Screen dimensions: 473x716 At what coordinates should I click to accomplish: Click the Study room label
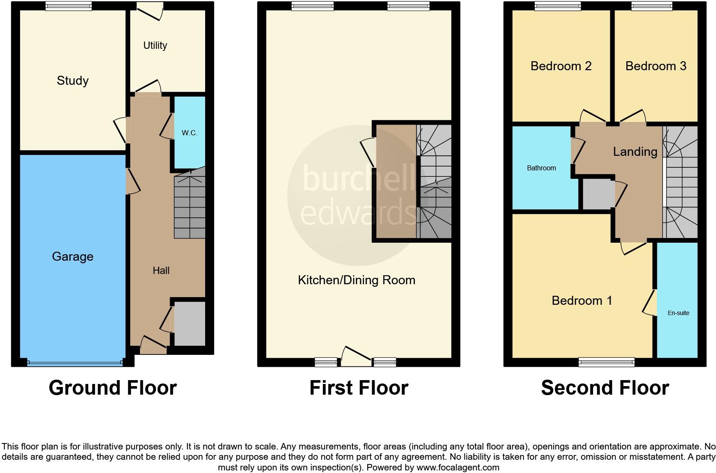click(72, 80)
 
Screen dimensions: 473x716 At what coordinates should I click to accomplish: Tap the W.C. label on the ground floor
click(189, 133)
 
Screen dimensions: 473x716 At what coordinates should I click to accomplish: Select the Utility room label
click(155, 45)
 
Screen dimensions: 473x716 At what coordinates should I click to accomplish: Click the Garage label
click(72, 256)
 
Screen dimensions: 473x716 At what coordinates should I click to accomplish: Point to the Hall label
click(161, 271)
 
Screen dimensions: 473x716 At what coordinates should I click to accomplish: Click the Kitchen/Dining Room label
click(356, 280)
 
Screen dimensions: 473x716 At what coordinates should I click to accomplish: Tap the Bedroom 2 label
click(561, 66)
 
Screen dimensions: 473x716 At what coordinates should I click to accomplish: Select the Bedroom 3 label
click(656, 66)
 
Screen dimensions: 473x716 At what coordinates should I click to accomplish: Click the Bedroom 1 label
click(582, 300)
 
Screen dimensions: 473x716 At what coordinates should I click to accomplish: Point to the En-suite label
click(678, 313)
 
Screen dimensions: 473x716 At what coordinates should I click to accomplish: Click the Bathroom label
click(541, 168)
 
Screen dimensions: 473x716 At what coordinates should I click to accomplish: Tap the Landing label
click(635, 152)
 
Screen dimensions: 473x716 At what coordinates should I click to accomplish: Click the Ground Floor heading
click(113, 388)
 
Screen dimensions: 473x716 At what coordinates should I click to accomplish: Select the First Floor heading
click(358, 388)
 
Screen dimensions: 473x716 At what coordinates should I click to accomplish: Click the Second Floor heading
click(605, 388)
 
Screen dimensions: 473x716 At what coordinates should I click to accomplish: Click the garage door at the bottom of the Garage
click(75, 363)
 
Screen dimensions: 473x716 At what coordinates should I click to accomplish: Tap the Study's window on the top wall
click(69, 6)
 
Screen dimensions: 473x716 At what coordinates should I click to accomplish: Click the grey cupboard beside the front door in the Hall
click(189, 324)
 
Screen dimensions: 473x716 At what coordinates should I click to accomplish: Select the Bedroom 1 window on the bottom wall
click(606, 363)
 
